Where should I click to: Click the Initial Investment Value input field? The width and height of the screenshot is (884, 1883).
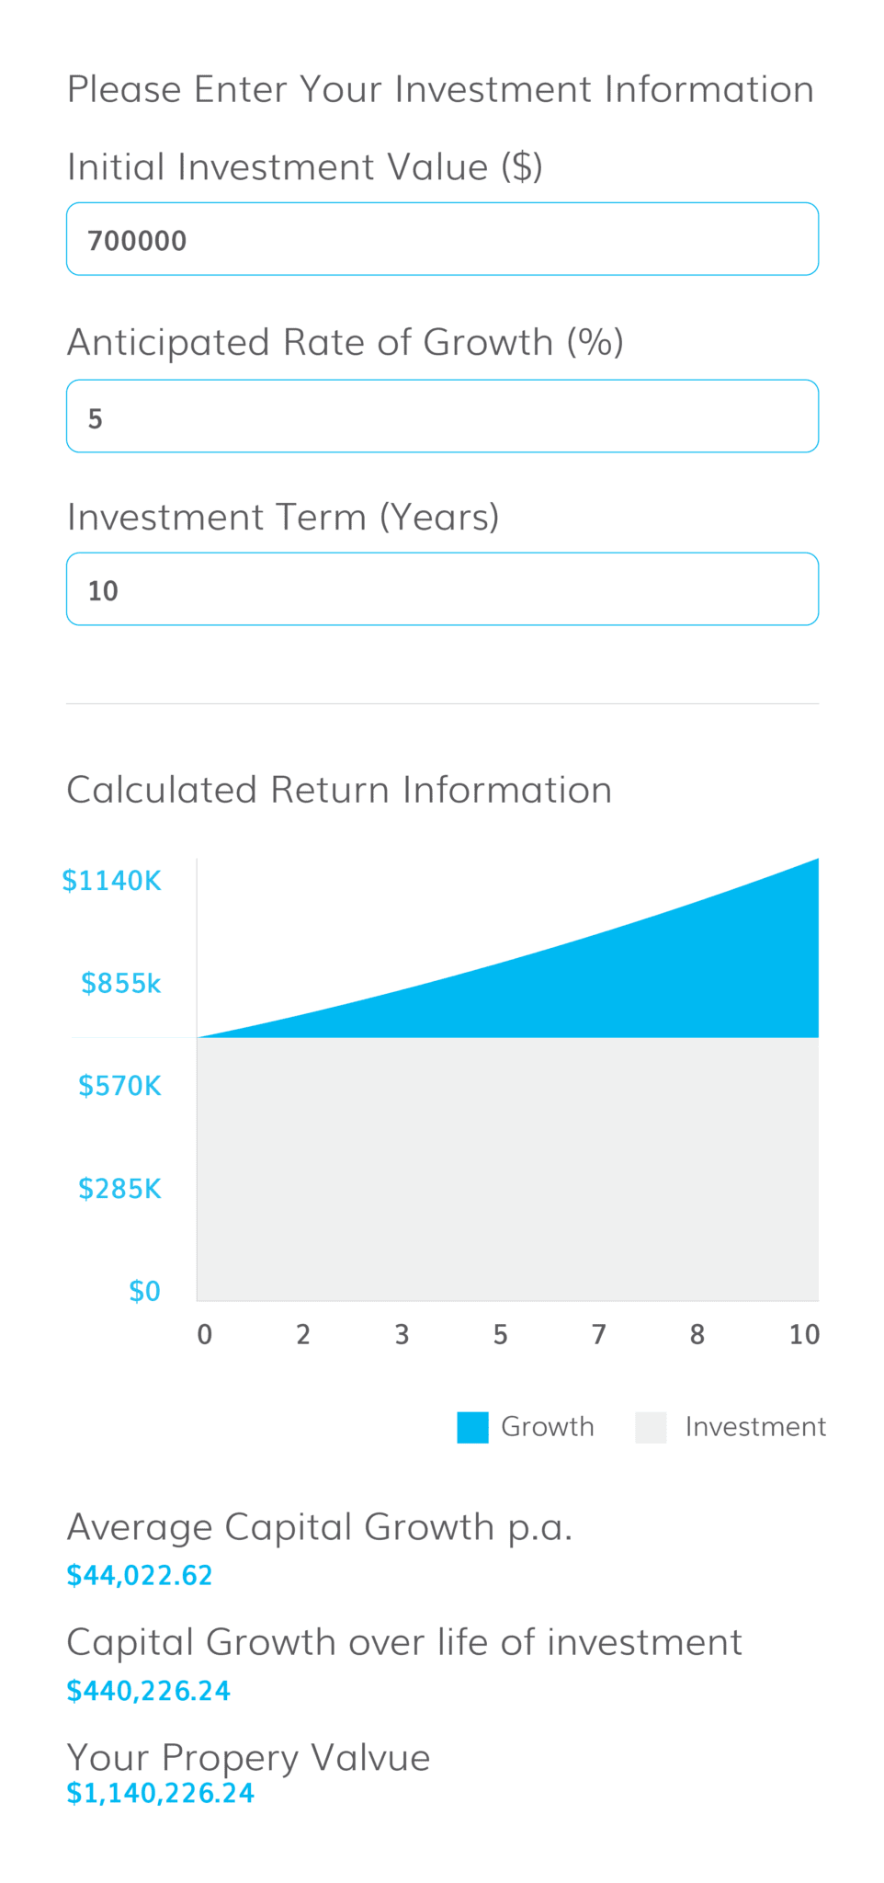[442, 239]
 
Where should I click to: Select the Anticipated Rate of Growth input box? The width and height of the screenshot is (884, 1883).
[442, 417]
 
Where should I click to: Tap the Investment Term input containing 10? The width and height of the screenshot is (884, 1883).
[442, 589]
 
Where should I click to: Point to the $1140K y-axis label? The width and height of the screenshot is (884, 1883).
[111, 881]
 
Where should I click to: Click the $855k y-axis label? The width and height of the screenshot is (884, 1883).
[121, 984]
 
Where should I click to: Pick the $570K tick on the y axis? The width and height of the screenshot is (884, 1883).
[119, 1086]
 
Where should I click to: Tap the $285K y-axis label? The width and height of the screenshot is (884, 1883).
[119, 1189]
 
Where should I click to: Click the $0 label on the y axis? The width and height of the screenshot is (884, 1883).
[145, 1292]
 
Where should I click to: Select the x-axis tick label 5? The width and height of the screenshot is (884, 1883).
[500, 1335]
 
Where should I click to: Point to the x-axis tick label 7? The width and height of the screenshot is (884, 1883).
[599, 1335]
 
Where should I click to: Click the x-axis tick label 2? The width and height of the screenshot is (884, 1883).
[303, 1335]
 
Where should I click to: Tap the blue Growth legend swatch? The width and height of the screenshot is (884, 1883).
[472, 1428]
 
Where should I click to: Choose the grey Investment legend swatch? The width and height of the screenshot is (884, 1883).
[651, 1428]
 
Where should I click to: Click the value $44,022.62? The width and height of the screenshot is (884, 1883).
[140, 1576]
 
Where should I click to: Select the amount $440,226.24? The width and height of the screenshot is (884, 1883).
[149, 1691]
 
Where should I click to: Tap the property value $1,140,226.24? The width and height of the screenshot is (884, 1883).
[161, 1793]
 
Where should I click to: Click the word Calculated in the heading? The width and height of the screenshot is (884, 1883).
[162, 790]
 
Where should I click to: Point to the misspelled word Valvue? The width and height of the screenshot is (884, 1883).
[370, 1758]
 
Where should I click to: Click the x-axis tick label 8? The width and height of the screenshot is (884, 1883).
[697, 1335]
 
